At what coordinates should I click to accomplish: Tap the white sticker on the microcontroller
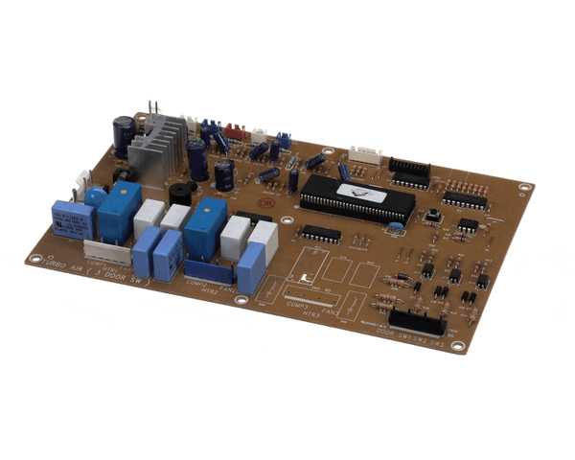pyautogui.click(x=362, y=195)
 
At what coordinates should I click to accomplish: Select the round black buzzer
pyautogui.click(x=178, y=193)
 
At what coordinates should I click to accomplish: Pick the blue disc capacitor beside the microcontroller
pyautogui.click(x=393, y=228)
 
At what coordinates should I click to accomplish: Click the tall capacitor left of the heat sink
pyautogui.click(x=124, y=136)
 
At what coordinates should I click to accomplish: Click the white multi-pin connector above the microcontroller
pyautogui.click(x=365, y=154)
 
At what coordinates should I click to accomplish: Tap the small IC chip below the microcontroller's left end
pyautogui.click(x=320, y=233)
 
